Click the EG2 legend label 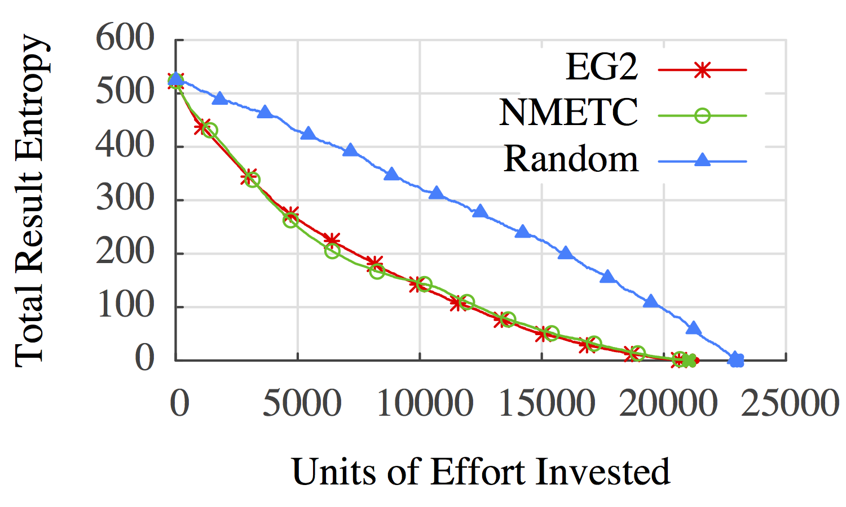(602, 67)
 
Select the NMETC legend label (569, 112)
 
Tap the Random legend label (571, 159)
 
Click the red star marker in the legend (702, 70)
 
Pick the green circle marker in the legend (702, 115)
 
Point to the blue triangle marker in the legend (702, 161)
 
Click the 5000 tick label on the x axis (302, 403)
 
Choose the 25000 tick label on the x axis (790, 403)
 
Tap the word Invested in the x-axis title (603, 472)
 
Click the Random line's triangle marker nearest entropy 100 (651, 301)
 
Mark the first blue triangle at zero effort (176, 79)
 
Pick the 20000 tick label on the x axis (668, 403)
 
